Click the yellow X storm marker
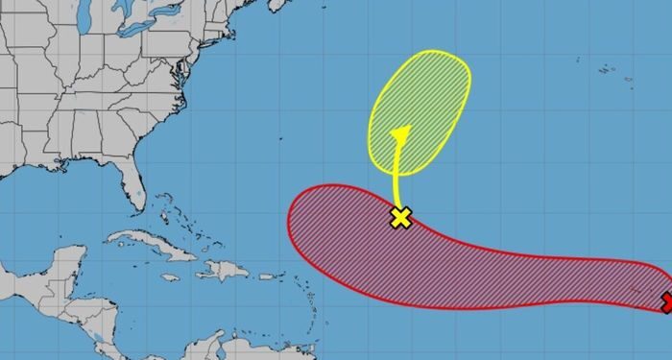click(401, 217)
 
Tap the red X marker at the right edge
click(667, 303)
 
